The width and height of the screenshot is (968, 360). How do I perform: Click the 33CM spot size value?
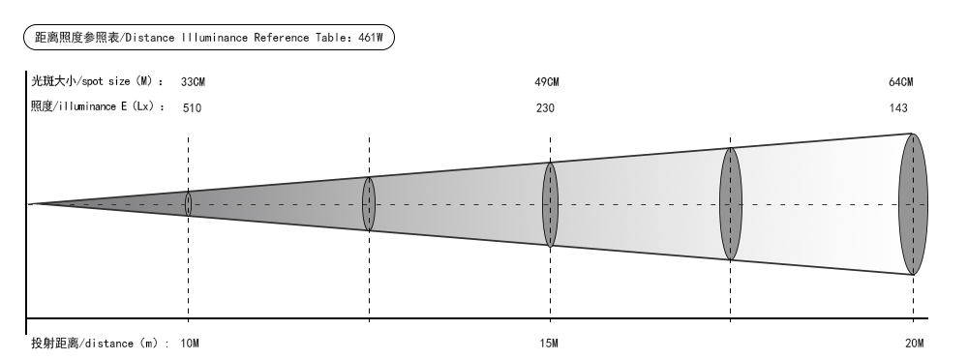coord(194,81)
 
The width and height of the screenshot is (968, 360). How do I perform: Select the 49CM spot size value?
coord(546,81)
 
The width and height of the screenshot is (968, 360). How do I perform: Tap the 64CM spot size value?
coord(900,81)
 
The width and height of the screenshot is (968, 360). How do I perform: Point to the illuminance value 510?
coord(192,108)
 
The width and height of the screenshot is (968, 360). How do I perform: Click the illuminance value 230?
coord(545,108)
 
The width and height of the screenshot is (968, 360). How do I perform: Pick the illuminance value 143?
coord(898,108)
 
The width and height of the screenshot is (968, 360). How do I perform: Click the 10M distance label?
coord(190,344)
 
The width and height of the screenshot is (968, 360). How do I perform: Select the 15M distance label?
coord(549,344)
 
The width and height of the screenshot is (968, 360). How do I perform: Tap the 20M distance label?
coord(915,344)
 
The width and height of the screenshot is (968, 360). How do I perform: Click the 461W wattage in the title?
coord(371,38)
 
